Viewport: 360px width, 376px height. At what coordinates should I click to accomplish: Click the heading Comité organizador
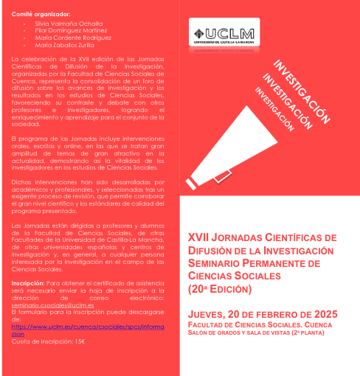[41, 14]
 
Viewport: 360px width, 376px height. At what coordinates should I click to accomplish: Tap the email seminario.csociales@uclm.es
[49, 304]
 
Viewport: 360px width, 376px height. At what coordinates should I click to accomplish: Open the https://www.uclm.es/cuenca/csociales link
[89, 325]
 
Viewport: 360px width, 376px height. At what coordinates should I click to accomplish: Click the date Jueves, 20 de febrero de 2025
[262, 314]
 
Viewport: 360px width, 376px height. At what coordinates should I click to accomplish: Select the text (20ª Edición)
[221, 288]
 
